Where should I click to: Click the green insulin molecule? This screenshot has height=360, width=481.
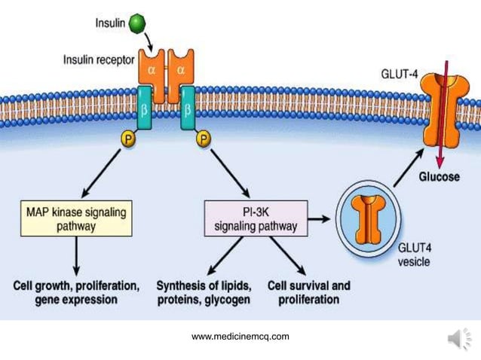[x=137, y=23]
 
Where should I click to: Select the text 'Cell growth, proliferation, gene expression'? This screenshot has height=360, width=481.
[x=76, y=293]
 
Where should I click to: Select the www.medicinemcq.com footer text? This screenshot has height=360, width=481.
[x=240, y=337]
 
